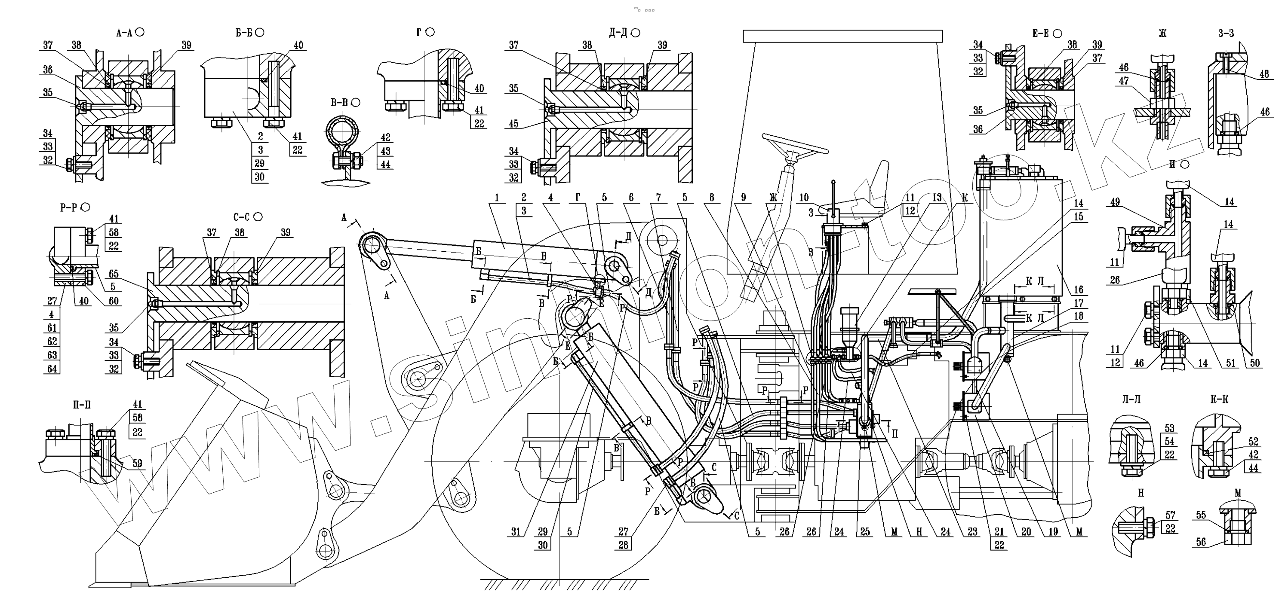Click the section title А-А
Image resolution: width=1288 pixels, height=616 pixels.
pyautogui.click(x=123, y=33)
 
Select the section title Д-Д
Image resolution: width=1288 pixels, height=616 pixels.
pyautogui.click(x=618, y=33)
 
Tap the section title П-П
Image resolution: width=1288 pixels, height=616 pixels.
pyautogui.click(x=82, y=404)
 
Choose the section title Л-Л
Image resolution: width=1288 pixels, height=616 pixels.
pyautogui.click(x=1131, y=399)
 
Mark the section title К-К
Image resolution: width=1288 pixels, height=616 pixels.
pyautogui.click(x=1219, y=399)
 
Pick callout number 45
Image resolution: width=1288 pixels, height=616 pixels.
pyautogui.click(x=514, y=123)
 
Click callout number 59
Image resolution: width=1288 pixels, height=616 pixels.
pyautogui.click(x=137, y=463)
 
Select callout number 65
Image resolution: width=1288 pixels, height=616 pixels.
pyautogui.click(x=114, y=273)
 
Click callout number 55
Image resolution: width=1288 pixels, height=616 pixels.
pyautogui.click(x=1201, y=515)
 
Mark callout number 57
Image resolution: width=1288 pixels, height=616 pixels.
pyautogui.click(x=1170, y=515)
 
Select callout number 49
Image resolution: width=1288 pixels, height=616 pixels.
pyautogui.click(x=1115, y=202)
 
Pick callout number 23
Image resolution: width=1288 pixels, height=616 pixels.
pyautogui.click(x=972, y=532)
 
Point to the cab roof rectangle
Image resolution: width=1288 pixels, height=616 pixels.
pyautogui.click(x=842, y=36)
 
